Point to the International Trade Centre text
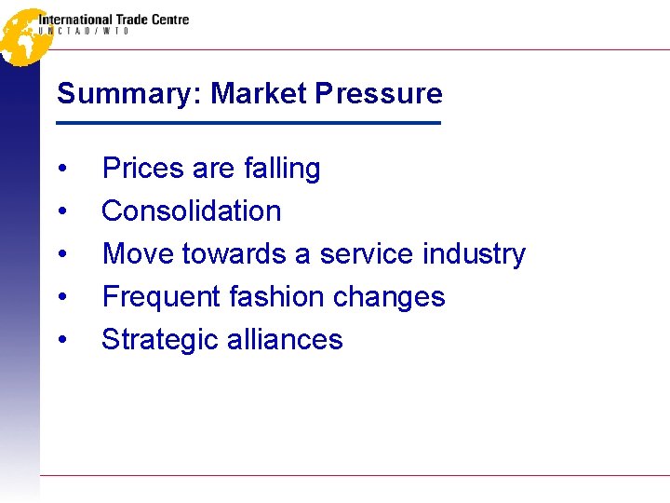pos(114,19)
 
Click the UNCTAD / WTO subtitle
pos(84,32)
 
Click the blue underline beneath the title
pos(248,123)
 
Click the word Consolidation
pos(191,211)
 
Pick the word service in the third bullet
pos(368,254)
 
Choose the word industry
pos(474,254)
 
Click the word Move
pos(138,254)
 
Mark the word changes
pos(390,297)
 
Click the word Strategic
pos(158,340)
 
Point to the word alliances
pos(283,340)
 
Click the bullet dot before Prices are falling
pos(61,170)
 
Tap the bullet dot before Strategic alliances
pos(61,341)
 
